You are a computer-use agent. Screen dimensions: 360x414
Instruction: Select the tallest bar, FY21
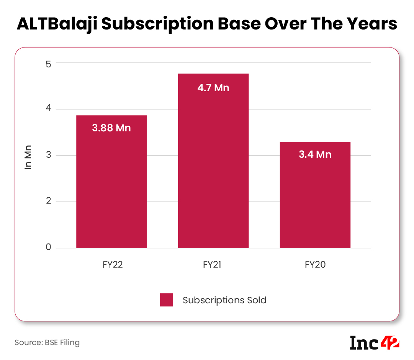click(213, 169)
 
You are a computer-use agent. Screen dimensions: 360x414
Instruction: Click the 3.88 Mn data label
click(111, 128)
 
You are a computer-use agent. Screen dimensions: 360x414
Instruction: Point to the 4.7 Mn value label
click(213, 88)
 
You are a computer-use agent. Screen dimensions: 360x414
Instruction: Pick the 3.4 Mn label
click(315, 155)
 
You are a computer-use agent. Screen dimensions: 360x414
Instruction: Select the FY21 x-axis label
click(214, 265)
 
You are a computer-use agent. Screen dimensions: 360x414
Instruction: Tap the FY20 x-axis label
click(315, 265)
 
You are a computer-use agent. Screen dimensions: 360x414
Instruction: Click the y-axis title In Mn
click(28, 157)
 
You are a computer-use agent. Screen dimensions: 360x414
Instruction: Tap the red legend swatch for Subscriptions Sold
click(166, 300)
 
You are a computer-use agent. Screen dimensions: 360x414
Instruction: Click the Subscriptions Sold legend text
click(224, 300)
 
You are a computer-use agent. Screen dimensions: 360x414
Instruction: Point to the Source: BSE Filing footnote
click(47, 342)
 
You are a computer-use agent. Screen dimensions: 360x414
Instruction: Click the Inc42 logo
click(375, 342)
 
